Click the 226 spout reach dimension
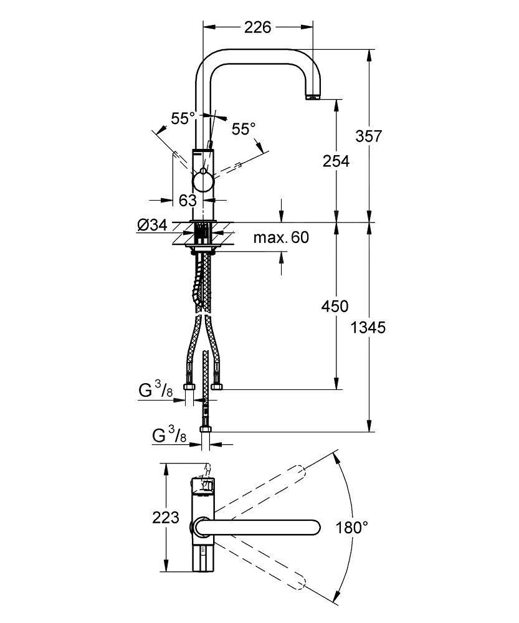coord(257,27)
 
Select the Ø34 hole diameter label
coord(152,225)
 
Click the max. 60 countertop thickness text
coord(281,237)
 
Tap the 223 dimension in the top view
coord(166,517)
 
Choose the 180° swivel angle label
coord(352,528)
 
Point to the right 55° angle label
coord(244,129)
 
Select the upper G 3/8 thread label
coord(155,391)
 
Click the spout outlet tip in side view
coord(312,97)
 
